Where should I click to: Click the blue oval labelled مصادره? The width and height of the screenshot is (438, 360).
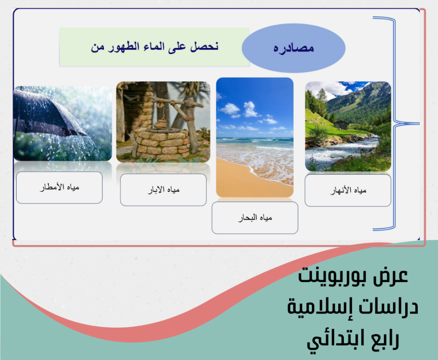293,48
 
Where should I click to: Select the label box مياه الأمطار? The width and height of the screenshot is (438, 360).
59,187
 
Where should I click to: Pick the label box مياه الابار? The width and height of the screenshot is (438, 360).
163,190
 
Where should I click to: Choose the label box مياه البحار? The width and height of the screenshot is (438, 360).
255,218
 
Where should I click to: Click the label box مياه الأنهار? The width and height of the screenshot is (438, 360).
348,190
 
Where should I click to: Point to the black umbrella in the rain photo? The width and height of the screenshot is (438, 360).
47,115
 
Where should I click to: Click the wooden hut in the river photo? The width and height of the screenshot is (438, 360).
341,125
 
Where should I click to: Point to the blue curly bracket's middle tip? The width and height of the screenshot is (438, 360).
419,123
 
